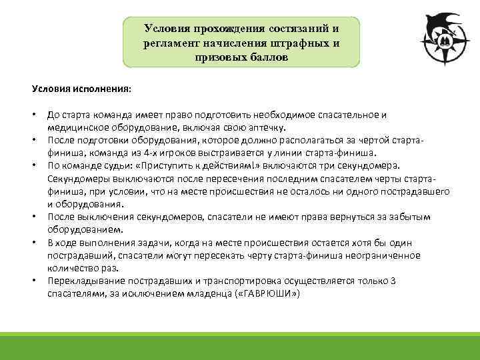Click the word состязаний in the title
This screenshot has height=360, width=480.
[x=299, y=29]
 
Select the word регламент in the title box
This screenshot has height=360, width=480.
[x=169, y=43]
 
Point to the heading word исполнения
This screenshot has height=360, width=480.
[x=102, y=89]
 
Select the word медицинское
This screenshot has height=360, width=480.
[x=74, y=127]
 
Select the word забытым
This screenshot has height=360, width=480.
[x=406, y=217]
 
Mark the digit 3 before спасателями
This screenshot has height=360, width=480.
[x=393, y=281]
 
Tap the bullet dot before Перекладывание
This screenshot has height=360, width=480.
[x=33, y=281]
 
